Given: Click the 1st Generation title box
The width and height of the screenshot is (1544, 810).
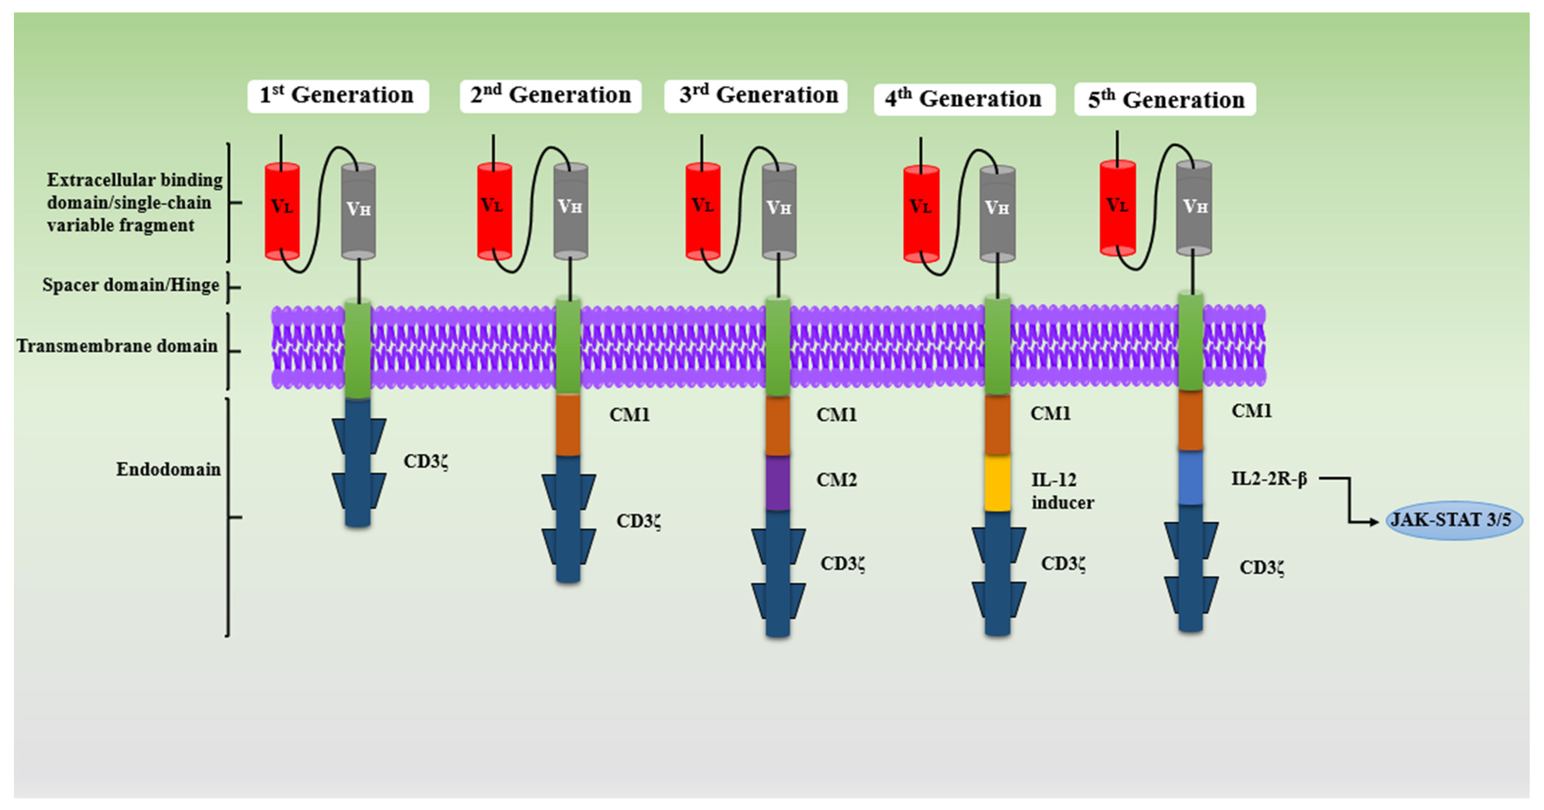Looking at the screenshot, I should pyautogui.click(x=337, y=96).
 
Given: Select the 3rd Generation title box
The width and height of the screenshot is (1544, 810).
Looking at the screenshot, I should pyautogui.click(x=755, y=96).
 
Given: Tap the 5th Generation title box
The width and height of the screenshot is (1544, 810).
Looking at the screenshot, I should pyautogui.click(x=1165, y=100).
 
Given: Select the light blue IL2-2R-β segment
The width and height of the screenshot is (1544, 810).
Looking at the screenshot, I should pyautogui.click(x=1191, y=478).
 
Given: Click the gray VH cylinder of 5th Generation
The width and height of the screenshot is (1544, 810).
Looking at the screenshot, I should pyautogui.click(x=1193, y=207).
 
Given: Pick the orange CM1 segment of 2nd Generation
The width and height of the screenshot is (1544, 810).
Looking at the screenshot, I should pyautogui.click(x=568, y=425).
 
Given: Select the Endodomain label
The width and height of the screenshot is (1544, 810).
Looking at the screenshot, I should pyautogui.click(x=169, y=469).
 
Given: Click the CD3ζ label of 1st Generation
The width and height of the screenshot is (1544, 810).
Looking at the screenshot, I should pyautogui.click(x=426, y=462).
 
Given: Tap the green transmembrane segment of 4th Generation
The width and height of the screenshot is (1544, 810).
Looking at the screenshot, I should pyautogui.click(x=997, y=347).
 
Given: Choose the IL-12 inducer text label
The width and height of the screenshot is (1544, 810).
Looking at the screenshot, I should pyautogui.click(x=1062, y=491).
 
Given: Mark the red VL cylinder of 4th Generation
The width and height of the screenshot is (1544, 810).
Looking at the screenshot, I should pyautogui.click(x=921, y=214).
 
